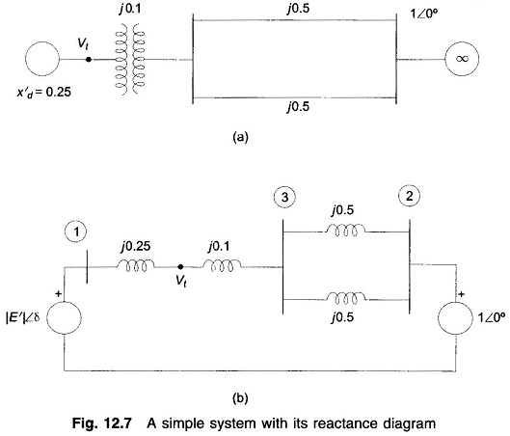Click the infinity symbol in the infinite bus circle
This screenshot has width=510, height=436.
462,59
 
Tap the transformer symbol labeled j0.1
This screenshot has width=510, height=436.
130,59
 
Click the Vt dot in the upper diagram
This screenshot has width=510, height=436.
88,60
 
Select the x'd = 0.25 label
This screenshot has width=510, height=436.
44,93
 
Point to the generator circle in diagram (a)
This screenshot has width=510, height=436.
42,59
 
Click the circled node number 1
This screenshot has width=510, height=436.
76,232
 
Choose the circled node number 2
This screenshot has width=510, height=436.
409,196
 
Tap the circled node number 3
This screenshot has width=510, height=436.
284,197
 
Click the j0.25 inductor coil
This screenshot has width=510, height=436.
136,265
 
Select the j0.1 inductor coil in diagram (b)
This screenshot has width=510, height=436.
222,265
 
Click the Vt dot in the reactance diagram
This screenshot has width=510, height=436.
180,267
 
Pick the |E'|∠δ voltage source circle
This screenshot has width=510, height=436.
64,317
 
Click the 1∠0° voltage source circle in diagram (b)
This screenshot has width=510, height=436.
455,318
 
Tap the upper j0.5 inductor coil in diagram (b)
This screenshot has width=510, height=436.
345,230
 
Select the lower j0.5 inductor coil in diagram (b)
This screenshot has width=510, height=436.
346,298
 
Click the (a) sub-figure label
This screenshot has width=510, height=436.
240,137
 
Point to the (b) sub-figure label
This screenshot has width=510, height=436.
240,398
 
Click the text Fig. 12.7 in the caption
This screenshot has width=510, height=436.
102,423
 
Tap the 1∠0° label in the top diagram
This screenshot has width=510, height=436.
424,14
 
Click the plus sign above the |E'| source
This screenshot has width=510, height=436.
58,294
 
